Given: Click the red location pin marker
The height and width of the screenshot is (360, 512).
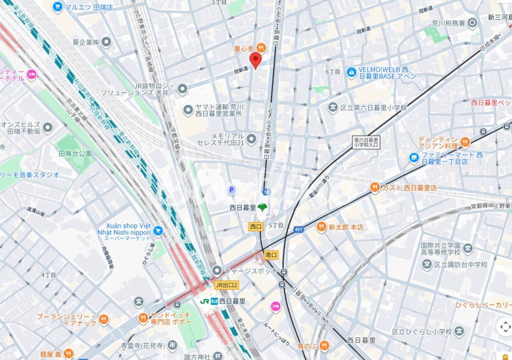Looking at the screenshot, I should pyautogui.click(x=255, y=60).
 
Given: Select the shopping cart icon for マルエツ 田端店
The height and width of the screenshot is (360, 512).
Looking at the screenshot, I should pyautogui.click(x=58, y=7).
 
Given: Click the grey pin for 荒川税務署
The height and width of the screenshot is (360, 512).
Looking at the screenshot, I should pyautogui.click(x=473, y=23).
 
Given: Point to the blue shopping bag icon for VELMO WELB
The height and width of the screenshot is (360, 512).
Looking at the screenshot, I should pyautogui.click(x=351, y=73).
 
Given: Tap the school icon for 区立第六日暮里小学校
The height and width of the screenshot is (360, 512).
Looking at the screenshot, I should pyautogui.click(x=333, y=108).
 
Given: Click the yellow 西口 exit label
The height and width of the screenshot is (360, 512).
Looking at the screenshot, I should pyautogui.click(x=256, y=227).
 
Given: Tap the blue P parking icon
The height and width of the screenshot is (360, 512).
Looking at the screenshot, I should pyautogui.click(x=232, y=190).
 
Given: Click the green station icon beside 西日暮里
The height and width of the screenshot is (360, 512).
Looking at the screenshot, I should pyautogui.click(x=263, y=208).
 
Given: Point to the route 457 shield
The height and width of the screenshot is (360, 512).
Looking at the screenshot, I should pyautogui.click(x=299, y=229).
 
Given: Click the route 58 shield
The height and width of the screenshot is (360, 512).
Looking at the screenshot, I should pyautogui.click(x=266, y=192).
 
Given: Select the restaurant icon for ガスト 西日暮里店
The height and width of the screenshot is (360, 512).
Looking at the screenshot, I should pyautogui.click(x=375, y=187).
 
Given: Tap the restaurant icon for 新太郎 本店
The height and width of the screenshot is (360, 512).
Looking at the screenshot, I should pyautogui.click(x=322, y=227).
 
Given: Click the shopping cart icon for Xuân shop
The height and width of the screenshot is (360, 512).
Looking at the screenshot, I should pyautogui.click(x=158, y=231).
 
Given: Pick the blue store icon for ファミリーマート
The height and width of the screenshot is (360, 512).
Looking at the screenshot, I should pyautogui.click(x=414, y=158).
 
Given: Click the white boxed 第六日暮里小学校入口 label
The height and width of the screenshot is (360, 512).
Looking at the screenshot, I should pyautogui.click(x=367, y=142).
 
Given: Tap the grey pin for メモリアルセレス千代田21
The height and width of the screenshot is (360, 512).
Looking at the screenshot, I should pyautogui.click(x=252, y=139).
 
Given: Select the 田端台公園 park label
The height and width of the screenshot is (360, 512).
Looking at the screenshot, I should pyautogui.click(x=75, y=153).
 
